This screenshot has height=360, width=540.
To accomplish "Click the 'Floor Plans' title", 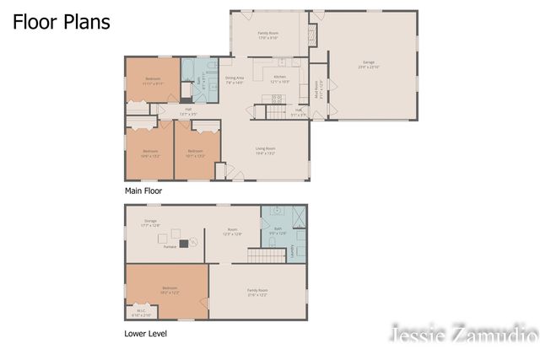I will pos(61,22).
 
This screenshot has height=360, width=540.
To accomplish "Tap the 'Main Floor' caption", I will pos(143,191).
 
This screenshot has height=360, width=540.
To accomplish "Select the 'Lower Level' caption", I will pos(145,333).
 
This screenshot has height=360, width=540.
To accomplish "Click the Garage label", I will pos(369,64).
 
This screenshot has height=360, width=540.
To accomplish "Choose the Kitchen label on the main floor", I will pos(280,80).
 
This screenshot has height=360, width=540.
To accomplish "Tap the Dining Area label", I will pos(234,80).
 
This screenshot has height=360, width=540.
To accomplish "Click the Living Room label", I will pos(266,152).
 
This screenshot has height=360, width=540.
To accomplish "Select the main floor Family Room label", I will pos(268,35).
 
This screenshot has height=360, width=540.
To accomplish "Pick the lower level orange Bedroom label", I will pos(170,290).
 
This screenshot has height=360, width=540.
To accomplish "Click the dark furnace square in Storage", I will pos(182,243).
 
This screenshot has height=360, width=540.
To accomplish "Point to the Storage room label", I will pos(150,223).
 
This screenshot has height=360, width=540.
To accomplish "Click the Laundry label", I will pos(293,250).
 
